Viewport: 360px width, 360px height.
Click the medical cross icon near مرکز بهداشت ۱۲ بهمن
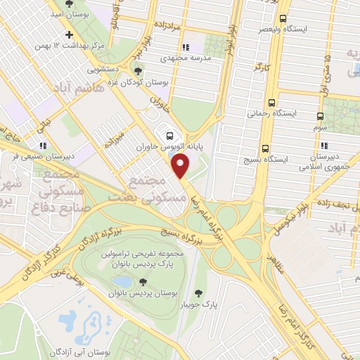(x=68, y=34)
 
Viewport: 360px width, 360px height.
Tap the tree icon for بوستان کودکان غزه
(x=137, y=71)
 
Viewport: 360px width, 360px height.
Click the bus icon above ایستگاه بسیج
(x=265, y=148)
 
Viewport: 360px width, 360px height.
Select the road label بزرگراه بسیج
(x=162, y=231)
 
